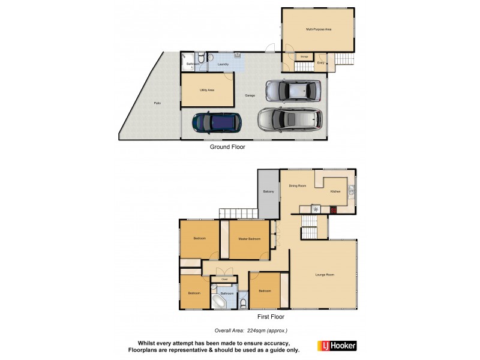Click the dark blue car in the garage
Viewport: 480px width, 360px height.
pyautogui.click(x=217, y=122)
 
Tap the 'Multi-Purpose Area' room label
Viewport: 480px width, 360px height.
pyautogui.click(x=319, y=29)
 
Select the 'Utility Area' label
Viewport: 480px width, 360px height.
pyautogui.click(x=207, y=90)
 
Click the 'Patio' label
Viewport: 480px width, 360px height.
pyautogui.click(x=157, y=103)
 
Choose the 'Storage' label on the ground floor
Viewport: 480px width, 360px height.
pyautogui.click(x=304, y=56)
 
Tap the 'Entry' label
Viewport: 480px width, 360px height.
pyautogui.click(x=321, y=62)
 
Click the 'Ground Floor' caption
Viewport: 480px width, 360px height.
pyautogui.click(x=227, y=146)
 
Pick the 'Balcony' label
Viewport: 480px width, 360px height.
pyautogui.click(x=268, y=191)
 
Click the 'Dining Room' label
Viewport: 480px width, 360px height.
pyautogui.click(x=298, y=186)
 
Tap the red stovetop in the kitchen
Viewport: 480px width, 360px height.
pyautogui.click(x=332, y=209)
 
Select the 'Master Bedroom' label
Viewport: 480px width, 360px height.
pyautogui.click(x=250, y=239)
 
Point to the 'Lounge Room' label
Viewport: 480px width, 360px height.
pyautogui.click(x=325, y=275)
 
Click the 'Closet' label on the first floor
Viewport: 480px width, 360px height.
pyautogui.click(x=224, y=279)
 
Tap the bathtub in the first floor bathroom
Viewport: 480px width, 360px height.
pyautogui.click(x=217, y=300)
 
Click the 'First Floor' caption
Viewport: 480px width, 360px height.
pyautogui.click(x=271, y=317)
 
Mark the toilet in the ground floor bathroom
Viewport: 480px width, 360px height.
pyautogui.click(x=203, y=58)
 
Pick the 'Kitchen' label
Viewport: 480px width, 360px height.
pyautogui.click(x=335, y=191)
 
